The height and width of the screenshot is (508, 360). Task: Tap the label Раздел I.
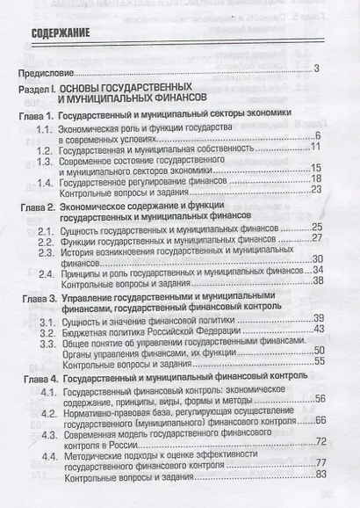pyautogui.click(x=41, y=91)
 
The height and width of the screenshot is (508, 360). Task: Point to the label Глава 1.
pyautogui.click(x=40, y=117)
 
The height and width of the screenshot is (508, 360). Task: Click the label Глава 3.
pyautogui.click(x=40, y=297)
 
